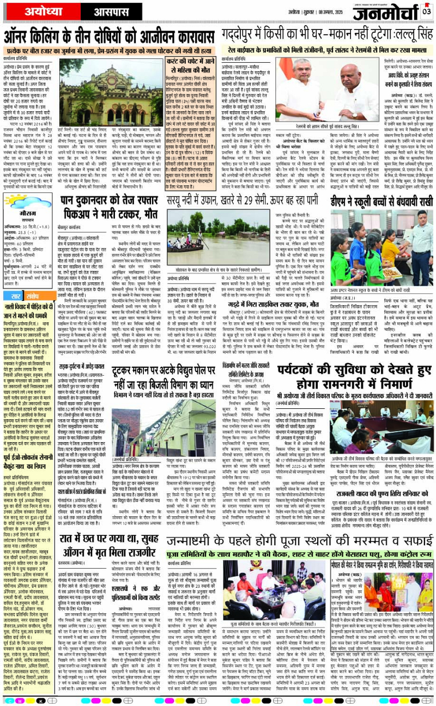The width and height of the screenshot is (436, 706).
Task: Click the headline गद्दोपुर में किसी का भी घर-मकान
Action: pos(328,37)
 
